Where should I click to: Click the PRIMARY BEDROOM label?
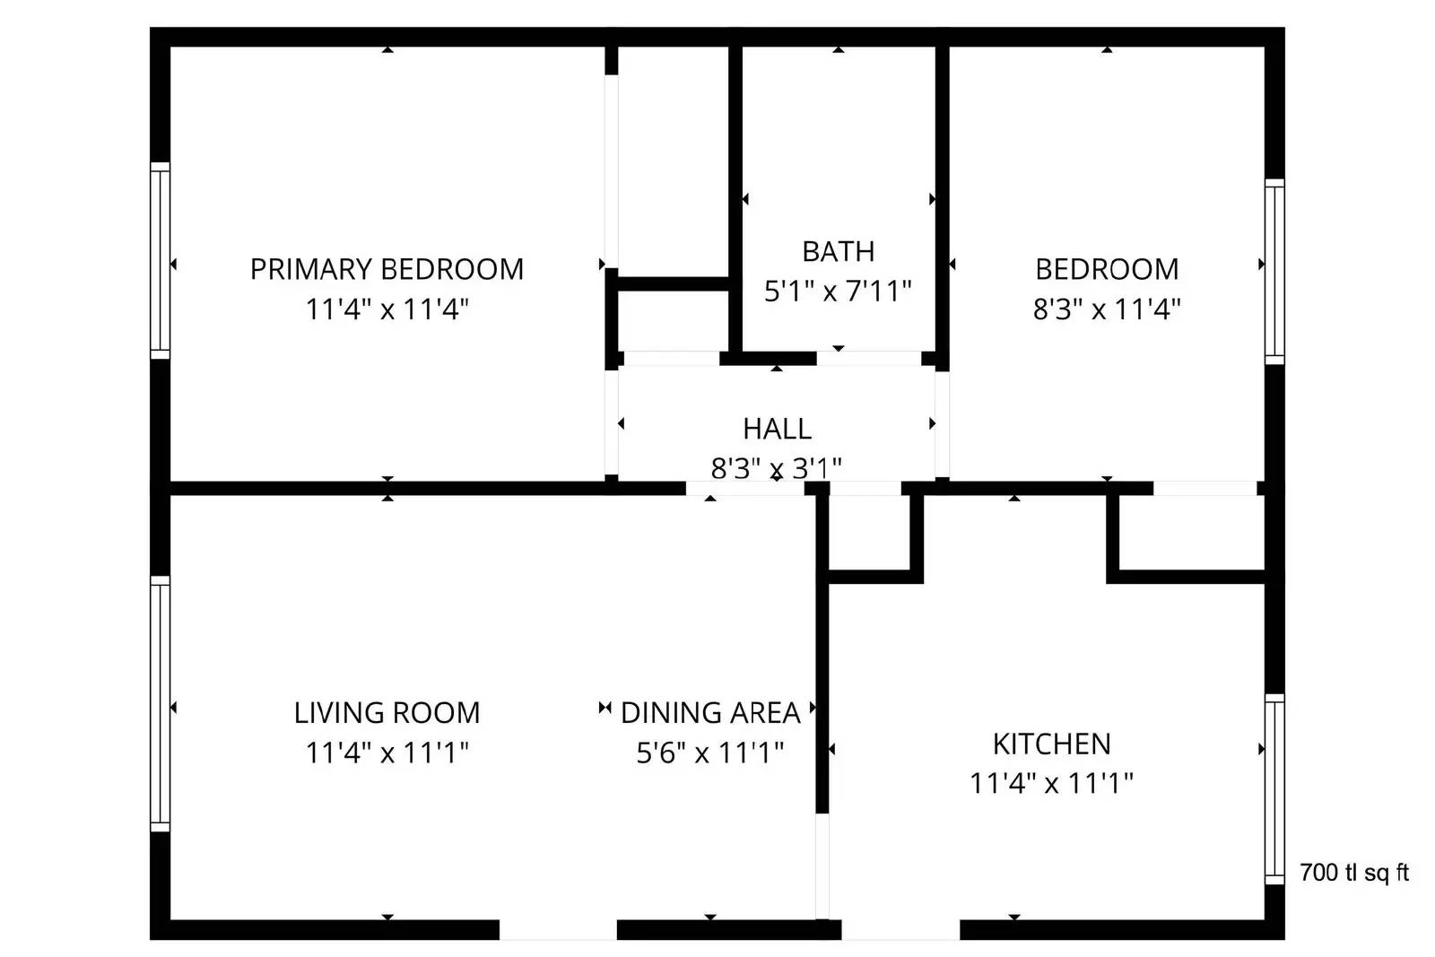387,269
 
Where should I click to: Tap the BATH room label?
838,252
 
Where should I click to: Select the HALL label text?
777,429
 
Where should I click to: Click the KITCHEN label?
1051,744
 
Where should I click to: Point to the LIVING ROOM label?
387,713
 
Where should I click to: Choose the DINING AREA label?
710,713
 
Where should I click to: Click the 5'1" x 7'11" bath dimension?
838,291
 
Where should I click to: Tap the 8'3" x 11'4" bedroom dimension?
1107,309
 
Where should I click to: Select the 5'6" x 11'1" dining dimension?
710,753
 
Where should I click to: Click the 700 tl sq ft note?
1354,872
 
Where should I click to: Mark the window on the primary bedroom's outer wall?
160,260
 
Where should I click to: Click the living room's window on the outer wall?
160,703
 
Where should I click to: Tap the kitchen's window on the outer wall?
1274,788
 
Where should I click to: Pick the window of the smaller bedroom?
1274,271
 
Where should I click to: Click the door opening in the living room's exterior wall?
558,929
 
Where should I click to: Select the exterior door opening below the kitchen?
900,929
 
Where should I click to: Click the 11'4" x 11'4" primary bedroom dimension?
387,309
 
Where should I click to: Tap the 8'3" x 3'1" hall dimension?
777,467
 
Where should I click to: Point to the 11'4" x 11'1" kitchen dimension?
1051,783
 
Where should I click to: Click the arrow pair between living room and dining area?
604,709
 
